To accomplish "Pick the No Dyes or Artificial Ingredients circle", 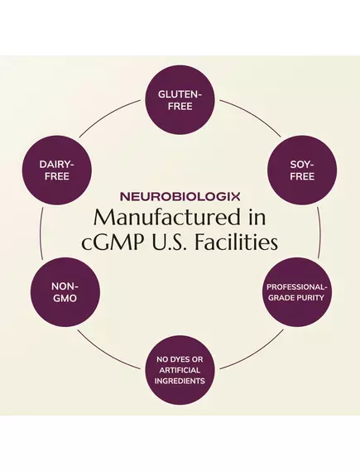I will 180,369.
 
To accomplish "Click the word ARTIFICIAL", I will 180,369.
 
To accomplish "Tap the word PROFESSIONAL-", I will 296,287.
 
